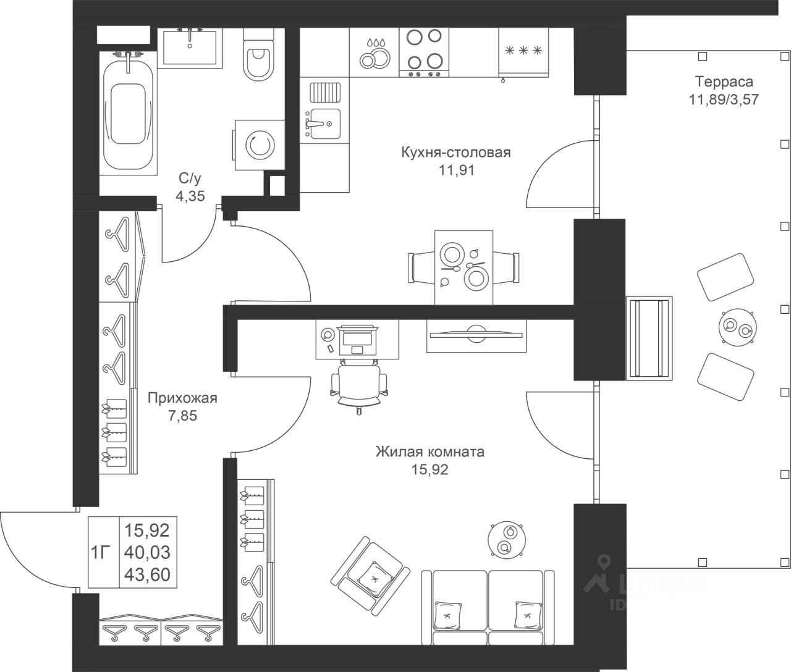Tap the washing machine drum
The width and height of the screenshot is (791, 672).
point(260,145)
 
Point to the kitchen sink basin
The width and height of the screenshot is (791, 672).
point(325,124)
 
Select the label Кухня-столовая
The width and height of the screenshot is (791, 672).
point(456,152)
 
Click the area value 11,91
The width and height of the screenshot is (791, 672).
point(456,170)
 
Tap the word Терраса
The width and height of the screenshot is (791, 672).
point(724,82)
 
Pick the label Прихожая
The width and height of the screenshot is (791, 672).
point(182,398)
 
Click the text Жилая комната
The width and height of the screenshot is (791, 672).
point(429,451)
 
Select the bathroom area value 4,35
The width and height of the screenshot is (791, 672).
point(190,196)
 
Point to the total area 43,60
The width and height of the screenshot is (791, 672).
point(147,574)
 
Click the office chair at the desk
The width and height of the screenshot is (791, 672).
point(359,386)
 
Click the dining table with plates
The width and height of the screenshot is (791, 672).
point(464,267)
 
